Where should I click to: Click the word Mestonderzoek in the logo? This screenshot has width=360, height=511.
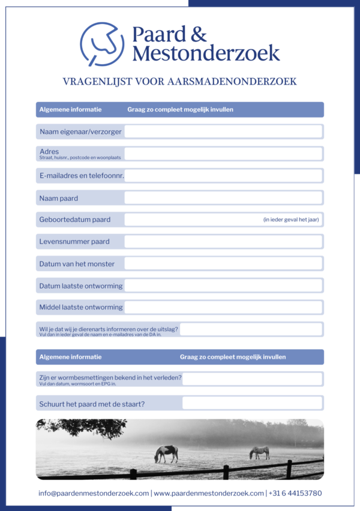tap(206, 53)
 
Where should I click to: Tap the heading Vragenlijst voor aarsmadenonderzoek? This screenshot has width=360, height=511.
tap(180, 82)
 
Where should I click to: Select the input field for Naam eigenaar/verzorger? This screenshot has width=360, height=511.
tap(223, 131)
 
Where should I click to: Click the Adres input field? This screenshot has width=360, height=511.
tap(223, 154)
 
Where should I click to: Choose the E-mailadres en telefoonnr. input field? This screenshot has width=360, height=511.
tap(223, 176)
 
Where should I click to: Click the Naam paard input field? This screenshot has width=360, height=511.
tap(223, 198)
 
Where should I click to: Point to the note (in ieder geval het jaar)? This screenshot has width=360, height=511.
tap(291, 220)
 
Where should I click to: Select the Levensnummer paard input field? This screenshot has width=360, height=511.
tap(223, 242)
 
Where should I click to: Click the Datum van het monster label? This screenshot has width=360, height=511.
tap(77, 263)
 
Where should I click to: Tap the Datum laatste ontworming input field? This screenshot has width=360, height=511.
tap(223, 285)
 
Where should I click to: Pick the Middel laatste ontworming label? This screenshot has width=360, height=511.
tap(81, 307)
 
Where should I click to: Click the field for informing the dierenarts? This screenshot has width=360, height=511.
tap(251, 329)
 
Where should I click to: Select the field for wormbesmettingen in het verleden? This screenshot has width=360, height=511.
tap(252, 379)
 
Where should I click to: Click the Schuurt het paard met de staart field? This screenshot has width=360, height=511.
tap(252, 403)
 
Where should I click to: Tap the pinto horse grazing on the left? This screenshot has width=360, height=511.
tap(166, 453)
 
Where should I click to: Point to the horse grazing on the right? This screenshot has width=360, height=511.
tap(259, 452)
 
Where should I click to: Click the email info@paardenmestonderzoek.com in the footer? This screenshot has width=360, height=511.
tap(94, 493)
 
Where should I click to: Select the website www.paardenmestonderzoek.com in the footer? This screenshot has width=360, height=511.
tap(209, 493)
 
